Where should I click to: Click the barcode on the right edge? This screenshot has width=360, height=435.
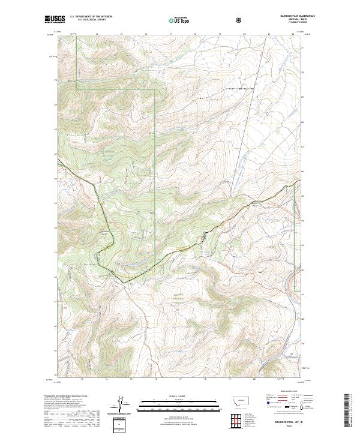pos(347,408)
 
